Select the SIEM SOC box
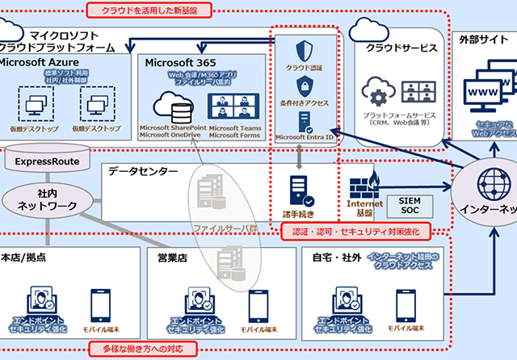tap(410, 204)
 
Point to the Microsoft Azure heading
tap(40, 62)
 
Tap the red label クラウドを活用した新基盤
tap(149, 10)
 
